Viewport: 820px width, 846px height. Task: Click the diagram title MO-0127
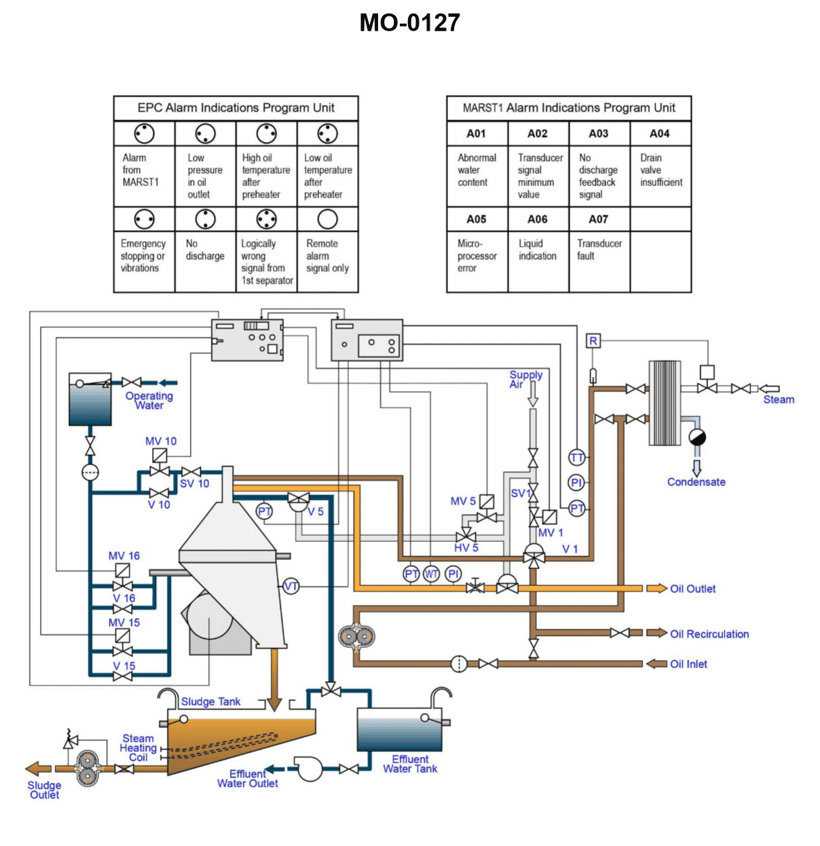click(x=409, y=23)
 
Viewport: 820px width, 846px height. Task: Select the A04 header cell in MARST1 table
click(x=660, y=134)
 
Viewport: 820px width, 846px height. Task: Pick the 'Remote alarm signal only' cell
click(x=327, y=256)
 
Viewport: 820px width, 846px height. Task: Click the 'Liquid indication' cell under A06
click(x=538, y=250)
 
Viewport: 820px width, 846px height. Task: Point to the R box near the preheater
click(x=593, y=341)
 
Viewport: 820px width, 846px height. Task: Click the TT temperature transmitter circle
click(x=576, y=458)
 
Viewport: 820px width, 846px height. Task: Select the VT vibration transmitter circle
click(x=291, y=587)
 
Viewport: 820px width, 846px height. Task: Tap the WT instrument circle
click(x=432, y=574)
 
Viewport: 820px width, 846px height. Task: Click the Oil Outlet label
click(x=692, y=589)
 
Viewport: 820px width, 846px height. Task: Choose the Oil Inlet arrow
click(x=656, y=663)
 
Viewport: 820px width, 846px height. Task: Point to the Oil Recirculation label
click(x=709, y=634)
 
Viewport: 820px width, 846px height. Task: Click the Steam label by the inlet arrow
click(x=779, y=400)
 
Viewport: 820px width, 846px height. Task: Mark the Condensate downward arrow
click(x=696, y=468)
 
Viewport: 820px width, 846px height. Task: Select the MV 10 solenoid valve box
click(x=160, y=455)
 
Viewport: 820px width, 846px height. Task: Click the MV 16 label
click(x=124, y=556)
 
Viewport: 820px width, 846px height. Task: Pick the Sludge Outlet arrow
click(x=39, y=769)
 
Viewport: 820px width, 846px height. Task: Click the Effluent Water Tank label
click(x=410, y=764)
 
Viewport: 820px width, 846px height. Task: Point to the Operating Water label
click(x=149, y=401)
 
